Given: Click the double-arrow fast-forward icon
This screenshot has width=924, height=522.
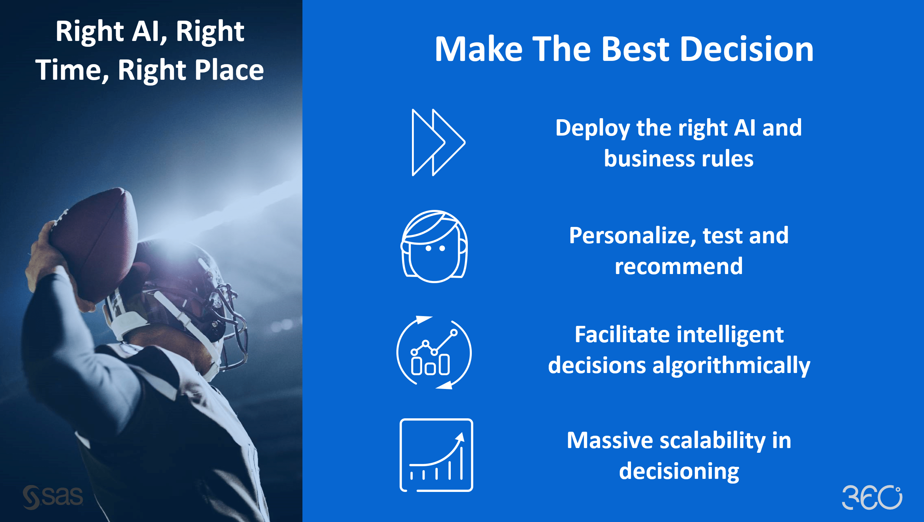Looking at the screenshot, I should pos(438,142).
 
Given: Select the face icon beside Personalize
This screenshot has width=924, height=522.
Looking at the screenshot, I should pos(434,246).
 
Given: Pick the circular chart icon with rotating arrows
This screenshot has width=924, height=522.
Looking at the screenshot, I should pos(434,352).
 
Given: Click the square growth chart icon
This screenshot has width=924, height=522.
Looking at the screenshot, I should pos(436,455).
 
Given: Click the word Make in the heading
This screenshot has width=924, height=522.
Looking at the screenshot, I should pos(479,49).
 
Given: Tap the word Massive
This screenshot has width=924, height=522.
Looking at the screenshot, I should pos(610,440).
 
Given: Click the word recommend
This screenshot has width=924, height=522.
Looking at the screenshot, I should pos(678,266).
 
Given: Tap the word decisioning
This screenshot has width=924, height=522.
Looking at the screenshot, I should pos(679,472).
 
